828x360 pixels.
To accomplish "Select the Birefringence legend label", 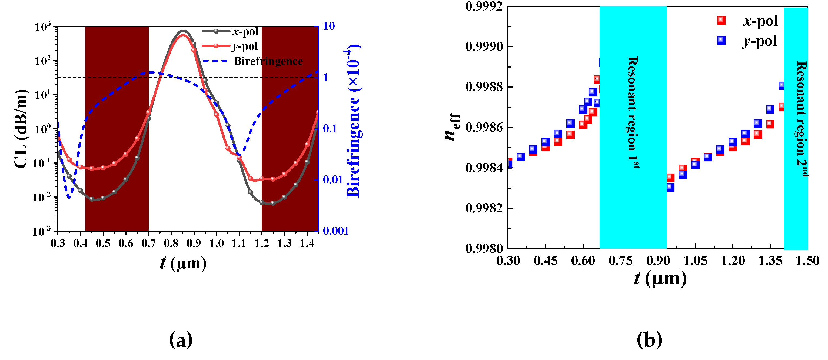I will pyautogui.click(x=268, y=61).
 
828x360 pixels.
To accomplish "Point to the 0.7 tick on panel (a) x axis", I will pyautogui.click(x=148, y=244).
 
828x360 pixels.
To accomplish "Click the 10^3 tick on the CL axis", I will pyautogui.click(x=43, y=27).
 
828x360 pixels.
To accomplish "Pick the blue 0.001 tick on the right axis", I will pyautogui.click(x=335, y=231).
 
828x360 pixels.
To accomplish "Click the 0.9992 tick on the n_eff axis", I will pyautogui.click(x=484, y=6).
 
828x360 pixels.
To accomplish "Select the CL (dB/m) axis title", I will pyautogui.click(x=21, y=129).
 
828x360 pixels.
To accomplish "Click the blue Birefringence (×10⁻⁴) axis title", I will pyautogui.click(x=354, y=121).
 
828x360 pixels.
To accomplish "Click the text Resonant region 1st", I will pyautogui.click(x=633, y=112).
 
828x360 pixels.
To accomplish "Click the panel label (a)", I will pyautogui.click(x=181, y=340).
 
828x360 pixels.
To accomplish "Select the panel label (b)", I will pyautogui.click(x=649, y=340).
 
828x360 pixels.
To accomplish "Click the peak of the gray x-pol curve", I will pyautogui.click(x=183, y=31).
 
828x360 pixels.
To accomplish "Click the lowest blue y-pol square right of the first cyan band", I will pyautogui.click(x=670, y=187).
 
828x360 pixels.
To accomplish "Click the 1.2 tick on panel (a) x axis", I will pyautogui.click(x=261, y=244).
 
